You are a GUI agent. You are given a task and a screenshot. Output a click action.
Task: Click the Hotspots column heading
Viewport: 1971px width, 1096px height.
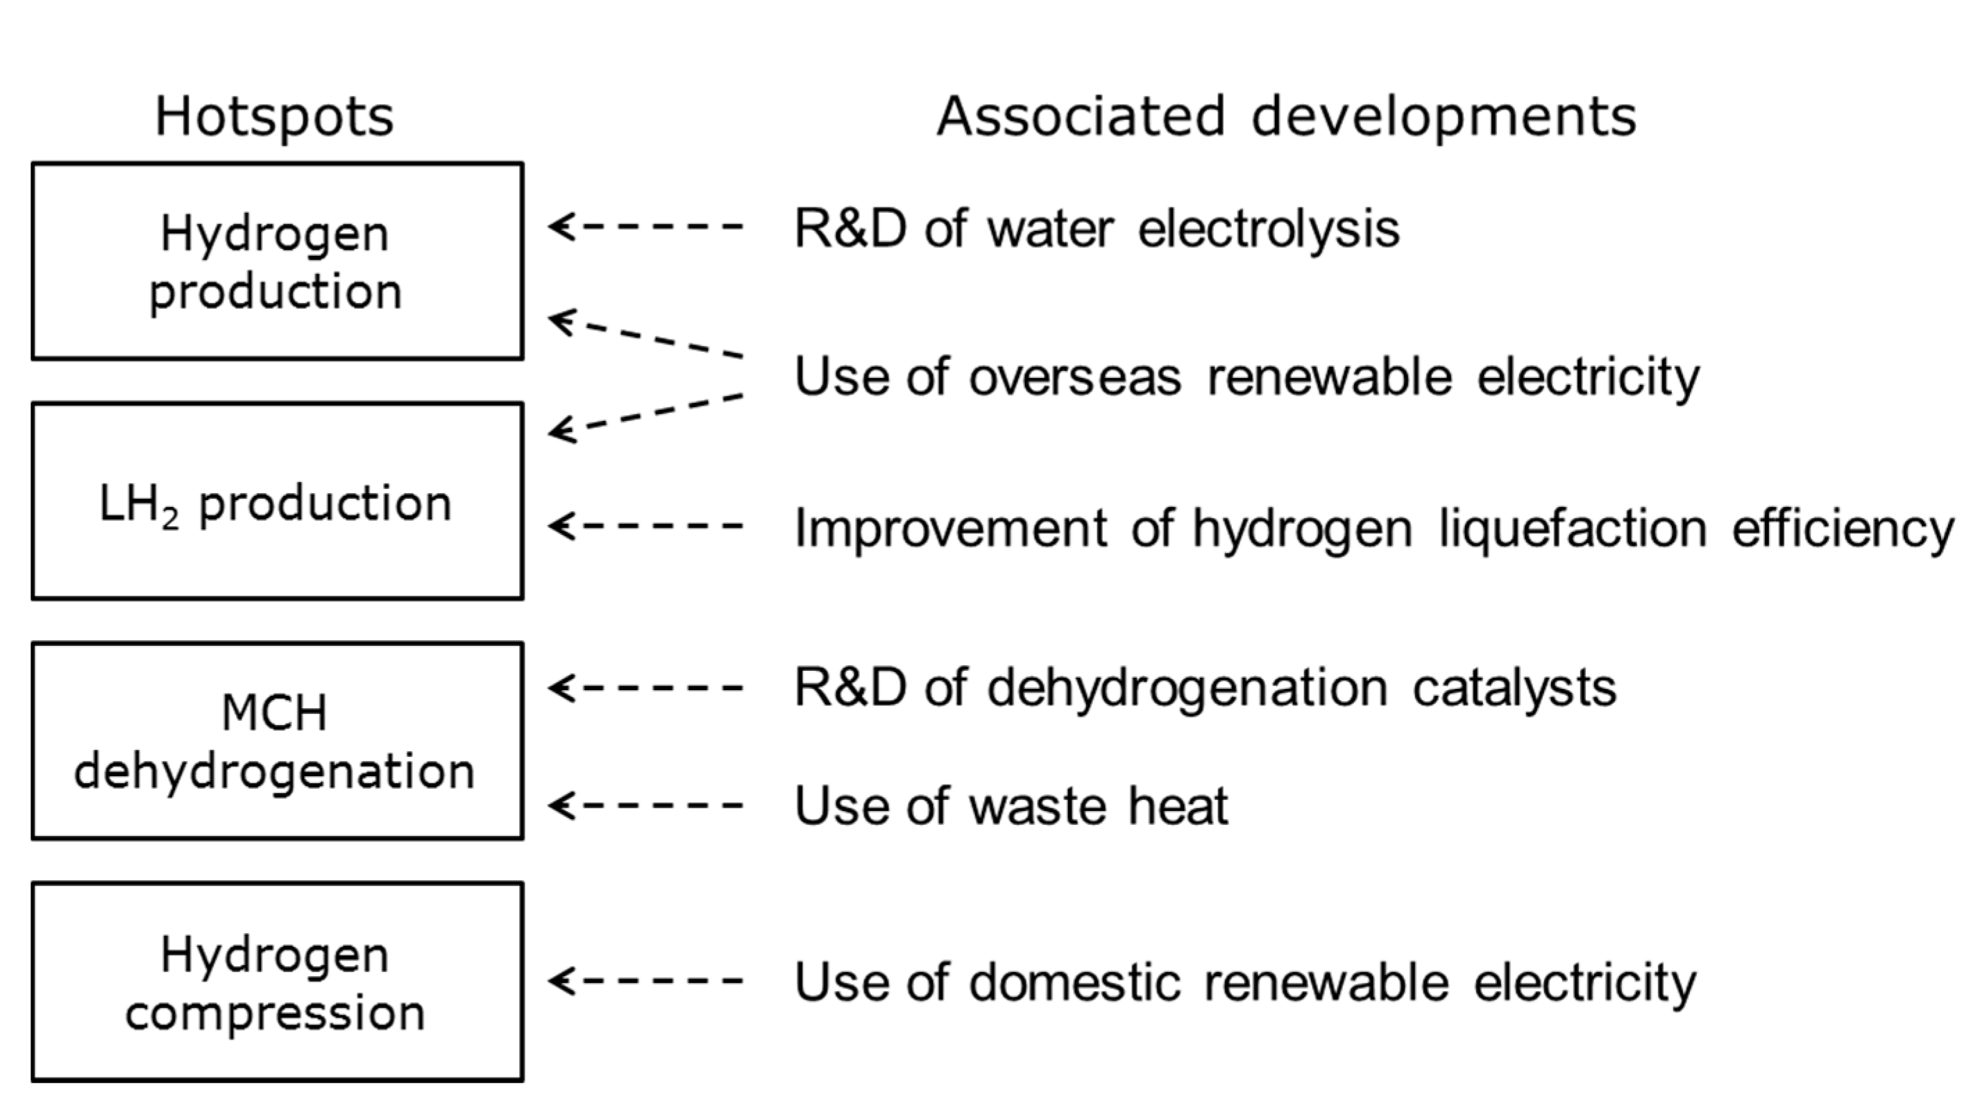pos(274,117)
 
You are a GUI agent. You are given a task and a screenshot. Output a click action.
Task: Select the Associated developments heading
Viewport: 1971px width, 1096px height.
pos(1286,117)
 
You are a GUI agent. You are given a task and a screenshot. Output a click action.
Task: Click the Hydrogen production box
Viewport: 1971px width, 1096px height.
pos(277,261)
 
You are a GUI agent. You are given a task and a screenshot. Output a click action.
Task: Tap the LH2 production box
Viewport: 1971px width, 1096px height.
pos(277,501)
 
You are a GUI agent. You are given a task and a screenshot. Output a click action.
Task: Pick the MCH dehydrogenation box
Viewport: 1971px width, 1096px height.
pos(277,740)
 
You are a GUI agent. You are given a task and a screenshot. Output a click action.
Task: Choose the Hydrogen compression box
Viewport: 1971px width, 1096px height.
pos(277,982)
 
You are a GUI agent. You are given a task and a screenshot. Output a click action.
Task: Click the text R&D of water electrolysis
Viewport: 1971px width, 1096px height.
pos(1097,228)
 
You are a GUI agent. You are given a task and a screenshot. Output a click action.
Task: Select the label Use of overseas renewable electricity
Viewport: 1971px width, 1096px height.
pos(1246,376)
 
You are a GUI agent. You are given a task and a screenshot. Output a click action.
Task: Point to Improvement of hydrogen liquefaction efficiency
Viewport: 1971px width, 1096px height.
pos(1373,528)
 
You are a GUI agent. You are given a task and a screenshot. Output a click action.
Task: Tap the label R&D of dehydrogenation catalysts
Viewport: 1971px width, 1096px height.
pos(1205,687)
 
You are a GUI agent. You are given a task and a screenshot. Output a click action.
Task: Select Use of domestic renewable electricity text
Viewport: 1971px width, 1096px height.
pos(1245,982)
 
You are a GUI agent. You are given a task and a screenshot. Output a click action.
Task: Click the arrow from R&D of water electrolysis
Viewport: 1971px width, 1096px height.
pos(645,226)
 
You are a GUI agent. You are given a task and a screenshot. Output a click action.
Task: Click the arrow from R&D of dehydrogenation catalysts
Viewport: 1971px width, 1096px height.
pos(645,687)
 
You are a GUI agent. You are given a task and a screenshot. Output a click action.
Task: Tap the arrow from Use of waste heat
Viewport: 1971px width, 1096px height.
pos(645,805)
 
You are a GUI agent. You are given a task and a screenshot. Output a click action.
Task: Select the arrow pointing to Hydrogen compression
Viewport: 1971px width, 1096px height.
pos(645,981)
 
